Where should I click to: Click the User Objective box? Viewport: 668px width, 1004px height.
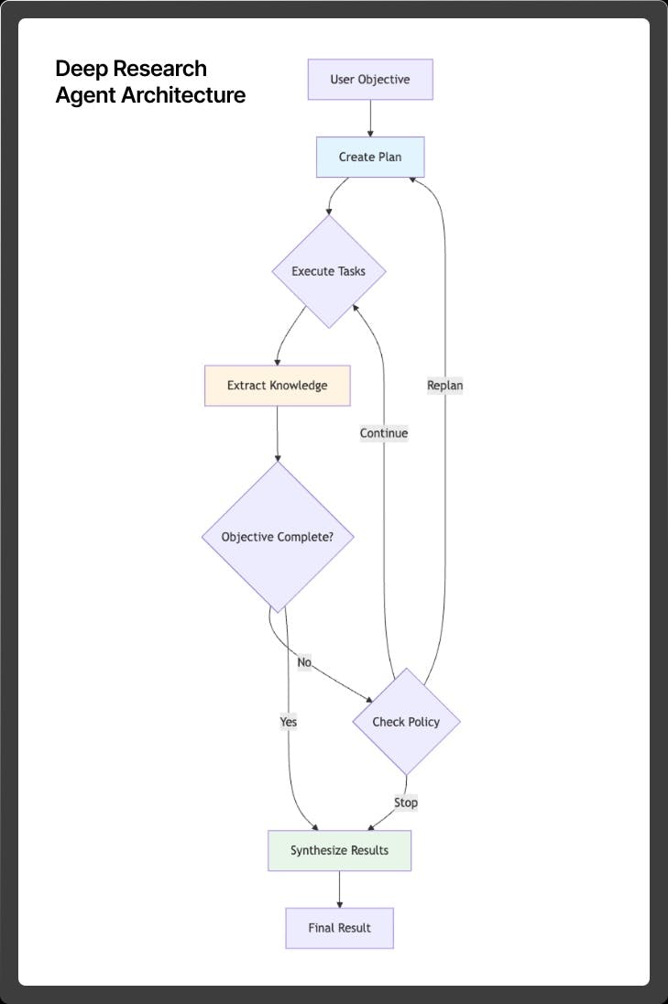370,80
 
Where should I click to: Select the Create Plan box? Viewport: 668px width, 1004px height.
370,157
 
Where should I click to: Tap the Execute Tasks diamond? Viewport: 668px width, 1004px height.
328,271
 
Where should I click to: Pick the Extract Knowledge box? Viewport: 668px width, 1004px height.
277,386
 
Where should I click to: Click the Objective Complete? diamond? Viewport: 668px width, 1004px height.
277,537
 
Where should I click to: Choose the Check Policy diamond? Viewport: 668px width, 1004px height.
406,722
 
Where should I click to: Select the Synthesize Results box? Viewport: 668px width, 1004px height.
339,850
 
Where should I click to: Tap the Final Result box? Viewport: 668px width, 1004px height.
339,928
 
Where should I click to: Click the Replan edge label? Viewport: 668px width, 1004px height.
445,386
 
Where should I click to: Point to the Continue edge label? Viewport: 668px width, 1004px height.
384,433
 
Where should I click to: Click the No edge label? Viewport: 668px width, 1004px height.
304,661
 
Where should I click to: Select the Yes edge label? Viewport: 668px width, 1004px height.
289,722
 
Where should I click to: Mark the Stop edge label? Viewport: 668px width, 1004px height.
406,802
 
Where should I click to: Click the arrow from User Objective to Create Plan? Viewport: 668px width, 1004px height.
370,118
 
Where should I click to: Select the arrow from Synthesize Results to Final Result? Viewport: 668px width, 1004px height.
339,889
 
